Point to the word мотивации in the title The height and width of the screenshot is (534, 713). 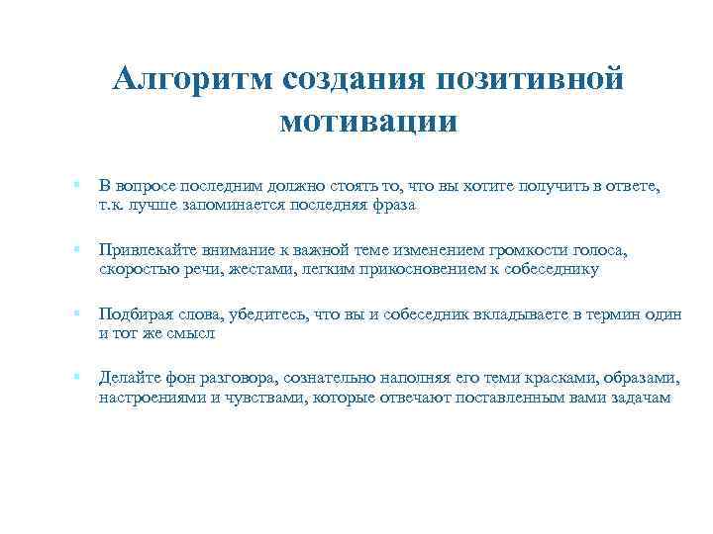coord(368,123)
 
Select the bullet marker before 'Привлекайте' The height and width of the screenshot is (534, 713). coord(76,250)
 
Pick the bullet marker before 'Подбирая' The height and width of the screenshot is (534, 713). coord(76,313)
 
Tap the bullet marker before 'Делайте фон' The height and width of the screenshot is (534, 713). coord(76,377)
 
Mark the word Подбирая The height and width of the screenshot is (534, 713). coord(135,314)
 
